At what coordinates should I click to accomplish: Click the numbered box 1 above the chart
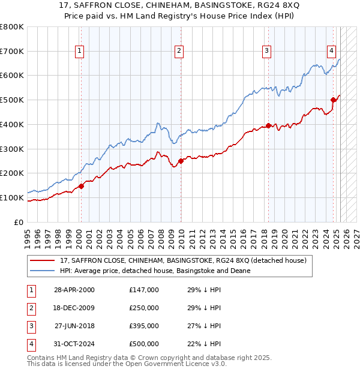pyautogui.click(x=80, y=52)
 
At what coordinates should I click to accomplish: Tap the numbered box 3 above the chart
pyautogui.click(x=266, y=52)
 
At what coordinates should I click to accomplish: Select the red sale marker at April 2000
pyautogui.click(x=81, y=186)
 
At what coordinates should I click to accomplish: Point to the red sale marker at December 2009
pyautogui.click(x=181, y=161)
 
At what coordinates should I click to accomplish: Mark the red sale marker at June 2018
pyautogui.click(x=268, y=125)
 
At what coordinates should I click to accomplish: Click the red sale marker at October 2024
pyautogui.click(x=334, y=100)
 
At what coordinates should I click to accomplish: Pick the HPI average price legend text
pyautogui.click(x=154, y=271)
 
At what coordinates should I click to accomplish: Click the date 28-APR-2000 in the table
pyautogui.click(x=74, y=290)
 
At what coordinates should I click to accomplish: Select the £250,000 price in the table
pyautogui.click(x=144, y=308)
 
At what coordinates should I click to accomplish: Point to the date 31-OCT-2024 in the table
pyautogui.click(x=74, y=344)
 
